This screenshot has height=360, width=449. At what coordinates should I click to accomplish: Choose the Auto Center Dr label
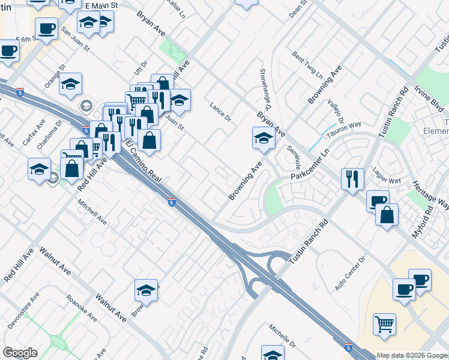point(350,274)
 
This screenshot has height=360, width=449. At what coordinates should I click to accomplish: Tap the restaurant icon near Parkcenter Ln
point(352,179)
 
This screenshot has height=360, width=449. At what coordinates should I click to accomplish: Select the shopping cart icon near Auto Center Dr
point(384,325)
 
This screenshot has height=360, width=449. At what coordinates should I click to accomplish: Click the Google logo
point(20,353)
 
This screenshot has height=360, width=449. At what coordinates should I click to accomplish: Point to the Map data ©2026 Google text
point(412,355)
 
